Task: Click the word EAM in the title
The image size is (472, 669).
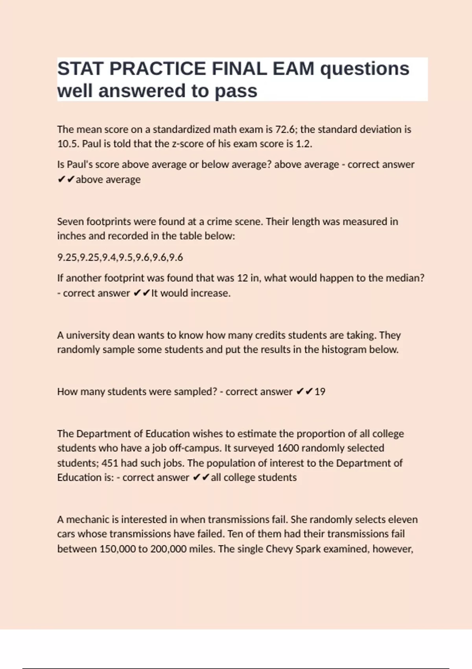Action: tap(293, 69)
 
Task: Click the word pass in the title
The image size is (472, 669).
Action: tap(236, 91)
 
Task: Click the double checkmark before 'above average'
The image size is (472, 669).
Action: tap(66, 179)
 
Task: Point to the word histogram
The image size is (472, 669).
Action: tap(344, 350)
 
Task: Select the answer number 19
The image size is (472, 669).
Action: tap(320, 392)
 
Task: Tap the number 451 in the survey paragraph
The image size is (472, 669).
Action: tap(110, 463)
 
